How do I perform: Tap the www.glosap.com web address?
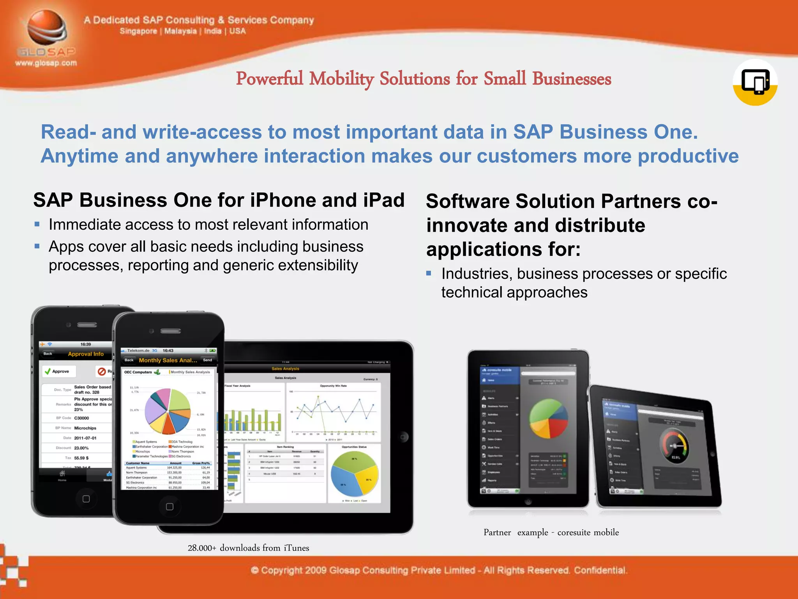coord(46,63)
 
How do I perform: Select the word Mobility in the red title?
coord(341,79)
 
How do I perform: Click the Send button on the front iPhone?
coord(208,360)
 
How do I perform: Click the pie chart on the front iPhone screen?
coord(168,411)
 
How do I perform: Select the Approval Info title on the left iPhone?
coord(86,354)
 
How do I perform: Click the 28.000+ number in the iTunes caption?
coord(201,548)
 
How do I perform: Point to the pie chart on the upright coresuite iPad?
coord(548,418)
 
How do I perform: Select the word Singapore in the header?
coord(138,31)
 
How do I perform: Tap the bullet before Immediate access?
coord(37,224)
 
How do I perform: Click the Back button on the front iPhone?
coord(129,360)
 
